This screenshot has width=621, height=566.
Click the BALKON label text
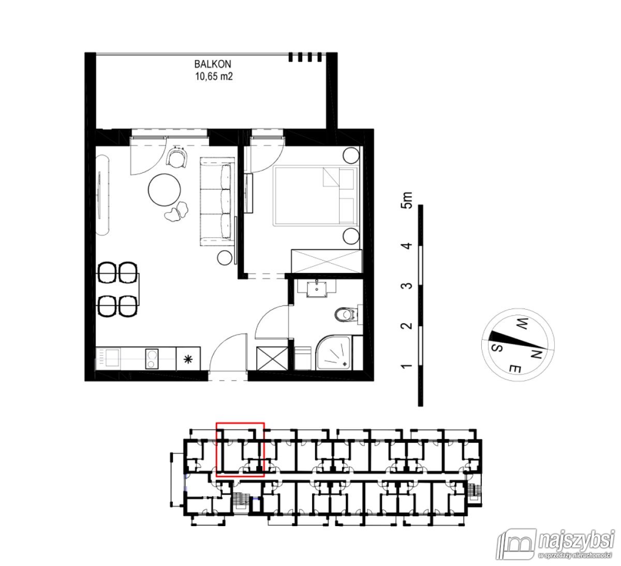(212, 65)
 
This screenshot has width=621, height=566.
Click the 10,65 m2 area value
(212, 77)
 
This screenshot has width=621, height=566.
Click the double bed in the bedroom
(316, 196)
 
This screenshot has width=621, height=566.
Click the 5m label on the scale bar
(408, 199)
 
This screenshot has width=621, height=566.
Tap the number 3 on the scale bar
(408, 286)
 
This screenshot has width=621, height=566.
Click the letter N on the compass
(536, 355)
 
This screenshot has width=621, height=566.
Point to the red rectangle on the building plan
(240, 449)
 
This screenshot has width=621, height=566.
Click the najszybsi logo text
(574, 542)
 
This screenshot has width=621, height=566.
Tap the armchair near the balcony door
(178, 156)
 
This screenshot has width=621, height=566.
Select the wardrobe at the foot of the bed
(326, 259)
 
